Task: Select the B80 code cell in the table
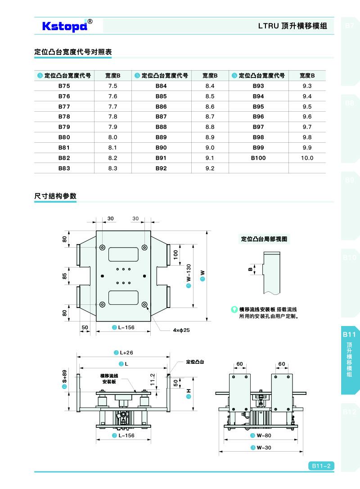pos(64,137)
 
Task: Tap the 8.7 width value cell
pos(210,117)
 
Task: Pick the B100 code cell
pos(258,158)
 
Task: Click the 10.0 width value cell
pos(307,158)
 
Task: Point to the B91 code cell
pos(161,158)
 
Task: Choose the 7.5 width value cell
pos(112,86)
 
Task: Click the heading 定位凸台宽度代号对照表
pos(73,52)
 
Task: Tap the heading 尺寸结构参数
pos(55,196)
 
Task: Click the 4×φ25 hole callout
pos(182,330)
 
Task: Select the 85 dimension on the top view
pos(65,276)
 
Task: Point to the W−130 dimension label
pos(189,276)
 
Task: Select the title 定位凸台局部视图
pos(264,239)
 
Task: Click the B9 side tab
pos(350,180)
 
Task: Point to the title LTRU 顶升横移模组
pos(292,26)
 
